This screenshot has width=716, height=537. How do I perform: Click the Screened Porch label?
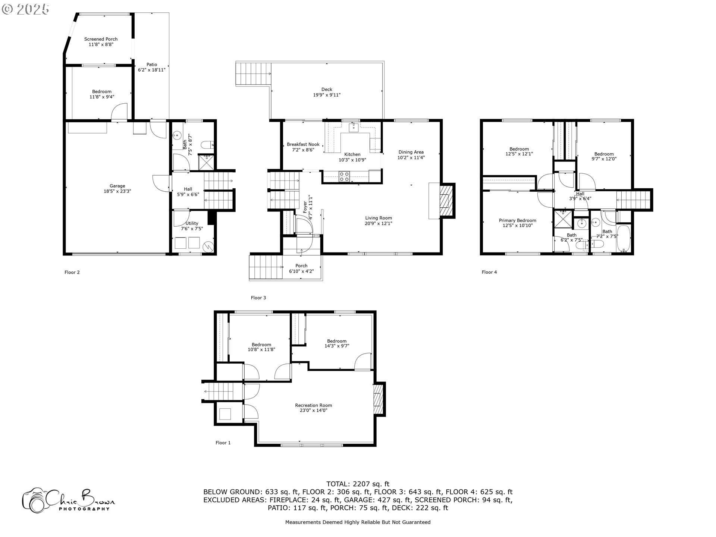point(101,39)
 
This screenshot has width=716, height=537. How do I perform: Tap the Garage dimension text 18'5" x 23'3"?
point(117,191)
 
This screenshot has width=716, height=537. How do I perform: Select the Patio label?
point(151,65)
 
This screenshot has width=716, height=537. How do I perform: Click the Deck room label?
point(327,89)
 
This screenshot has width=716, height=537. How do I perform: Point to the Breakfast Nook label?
point(303,144)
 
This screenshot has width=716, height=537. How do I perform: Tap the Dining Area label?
point(411,152)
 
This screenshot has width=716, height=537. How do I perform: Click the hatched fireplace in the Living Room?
point(445,200)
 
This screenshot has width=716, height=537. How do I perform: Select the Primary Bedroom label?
point(517,220)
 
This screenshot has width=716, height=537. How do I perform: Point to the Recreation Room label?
point(313,405)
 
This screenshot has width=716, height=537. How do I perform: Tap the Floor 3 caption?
point(258,298)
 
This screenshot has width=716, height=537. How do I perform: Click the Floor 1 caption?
point(223,443)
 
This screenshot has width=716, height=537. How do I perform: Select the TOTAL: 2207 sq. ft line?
point(358,484)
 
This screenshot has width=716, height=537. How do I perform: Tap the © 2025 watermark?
point(25,9)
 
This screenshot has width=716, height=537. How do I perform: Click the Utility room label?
point(192,223)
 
